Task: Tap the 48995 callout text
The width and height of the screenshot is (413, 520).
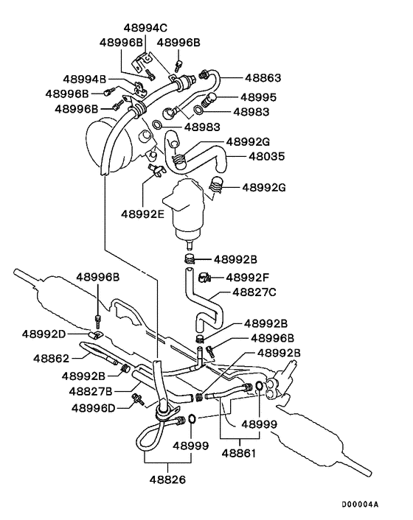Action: [258, 97]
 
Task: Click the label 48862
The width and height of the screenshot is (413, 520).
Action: [52, 359]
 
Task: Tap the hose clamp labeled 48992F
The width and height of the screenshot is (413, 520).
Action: [204, 277]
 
